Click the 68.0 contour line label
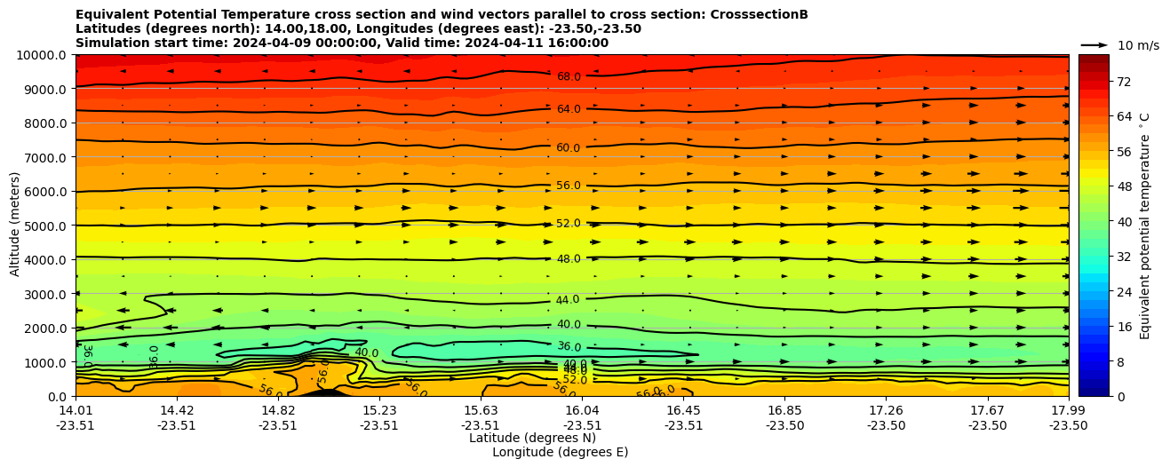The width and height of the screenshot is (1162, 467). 569,77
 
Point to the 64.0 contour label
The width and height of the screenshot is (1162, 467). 569,109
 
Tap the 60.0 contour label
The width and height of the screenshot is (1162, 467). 569,148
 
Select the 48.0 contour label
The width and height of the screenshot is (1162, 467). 569,259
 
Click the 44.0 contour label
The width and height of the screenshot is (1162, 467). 568,300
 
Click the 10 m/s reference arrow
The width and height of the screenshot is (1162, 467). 1094,44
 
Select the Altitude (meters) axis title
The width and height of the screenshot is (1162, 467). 15,226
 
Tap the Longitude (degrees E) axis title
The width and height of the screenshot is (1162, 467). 560,452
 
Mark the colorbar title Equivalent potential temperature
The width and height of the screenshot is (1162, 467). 1144,226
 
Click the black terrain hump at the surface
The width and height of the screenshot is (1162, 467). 327,392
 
